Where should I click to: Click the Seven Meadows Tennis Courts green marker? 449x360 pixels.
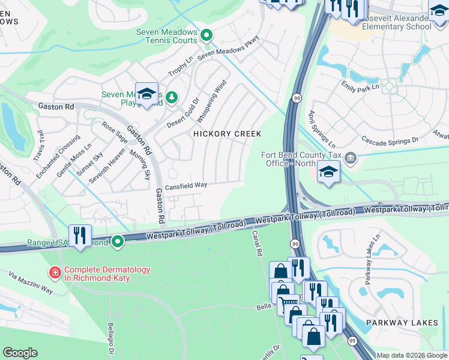[x=206, y=35]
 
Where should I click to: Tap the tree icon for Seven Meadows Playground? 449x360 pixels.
[x=172, y=97]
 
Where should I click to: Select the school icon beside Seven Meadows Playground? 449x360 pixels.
[x=146, y=94]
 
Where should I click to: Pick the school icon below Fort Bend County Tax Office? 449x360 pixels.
[x=328, y=173]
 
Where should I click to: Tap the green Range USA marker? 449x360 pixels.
[x=118, y=242]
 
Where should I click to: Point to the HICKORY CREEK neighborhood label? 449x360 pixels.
[x=228, y=134]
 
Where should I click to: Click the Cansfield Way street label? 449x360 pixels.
[x=186, y=186]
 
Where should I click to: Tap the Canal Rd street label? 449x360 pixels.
[x=258, y=242]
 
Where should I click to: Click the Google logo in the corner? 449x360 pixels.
[x=20, y=353]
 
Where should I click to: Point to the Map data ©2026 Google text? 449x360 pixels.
[x=412, y=355]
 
